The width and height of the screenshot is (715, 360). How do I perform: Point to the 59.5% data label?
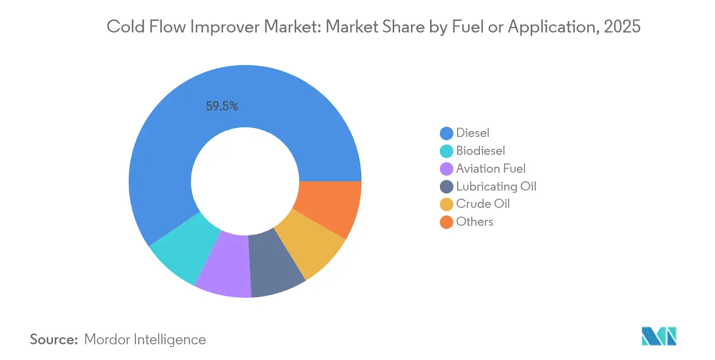click(x=222, y=107)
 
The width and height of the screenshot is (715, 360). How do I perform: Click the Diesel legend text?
click(x=472, y=133)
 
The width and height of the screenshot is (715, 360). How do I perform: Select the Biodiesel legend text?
click(x=480, y=150)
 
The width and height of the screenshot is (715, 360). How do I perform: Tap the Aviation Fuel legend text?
click(x=491, y=168)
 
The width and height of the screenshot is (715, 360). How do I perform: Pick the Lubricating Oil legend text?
click(x=496, y=186)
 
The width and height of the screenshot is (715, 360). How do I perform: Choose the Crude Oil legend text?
click(x=483, y=204)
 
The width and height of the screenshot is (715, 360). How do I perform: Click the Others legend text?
click(x=474, y=221)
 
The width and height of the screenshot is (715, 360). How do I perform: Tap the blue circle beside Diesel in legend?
click(x=446, y=133)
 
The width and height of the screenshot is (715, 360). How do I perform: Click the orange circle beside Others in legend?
click(x=446, y=222)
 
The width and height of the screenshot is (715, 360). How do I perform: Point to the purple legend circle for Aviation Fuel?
click(x=446, y=169)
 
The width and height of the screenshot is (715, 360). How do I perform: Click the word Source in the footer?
click(x=54, y=339)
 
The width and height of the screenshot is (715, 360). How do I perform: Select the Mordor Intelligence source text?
click(x=145, y=339)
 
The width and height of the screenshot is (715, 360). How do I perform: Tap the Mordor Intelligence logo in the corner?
click(x=659, y=336)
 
